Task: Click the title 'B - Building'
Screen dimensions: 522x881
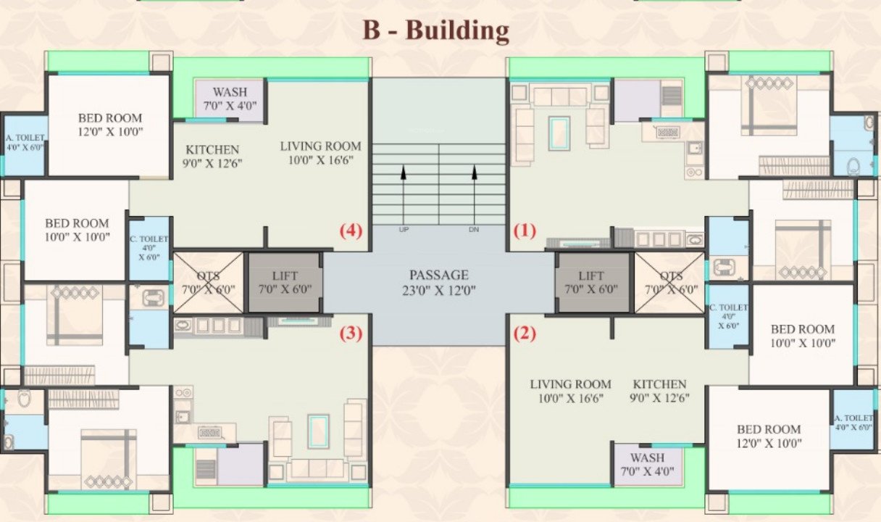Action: pyautogui.click(x=435, y=31)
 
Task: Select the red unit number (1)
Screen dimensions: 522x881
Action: pyautogui.click(x=525, y=231)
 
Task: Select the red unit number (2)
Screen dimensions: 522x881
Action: pyautogui.click(x=525, y=334)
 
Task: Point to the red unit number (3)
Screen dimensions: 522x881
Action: pyautogui.click(x=351, y=334)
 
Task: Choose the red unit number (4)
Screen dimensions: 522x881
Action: pyautogui.click(x=351, y=231)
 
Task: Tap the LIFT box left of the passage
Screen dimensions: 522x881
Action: pyautogui.click(x=285, y=282)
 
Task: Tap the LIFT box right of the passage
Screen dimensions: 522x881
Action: pyautogui.click(x=591, y=282)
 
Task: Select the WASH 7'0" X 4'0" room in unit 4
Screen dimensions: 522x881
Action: pyautogui.click(x=230, y=99)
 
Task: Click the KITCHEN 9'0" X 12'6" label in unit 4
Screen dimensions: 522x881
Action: pyautogui.click(x=212, y=157)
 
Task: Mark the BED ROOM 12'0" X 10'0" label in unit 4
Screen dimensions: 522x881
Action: pyautogui.click(x=110, y=125)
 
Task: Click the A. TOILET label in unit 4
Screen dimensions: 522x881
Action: pyautogui.click(x=25, y=141)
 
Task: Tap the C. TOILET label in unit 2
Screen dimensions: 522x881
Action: pyautogui.click(x=729, y=317)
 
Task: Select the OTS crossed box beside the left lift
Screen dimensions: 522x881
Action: pyautogui.click(x=208, y=282)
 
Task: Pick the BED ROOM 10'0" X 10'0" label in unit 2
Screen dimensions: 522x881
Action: pyautogui.click(x=802, y=336)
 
